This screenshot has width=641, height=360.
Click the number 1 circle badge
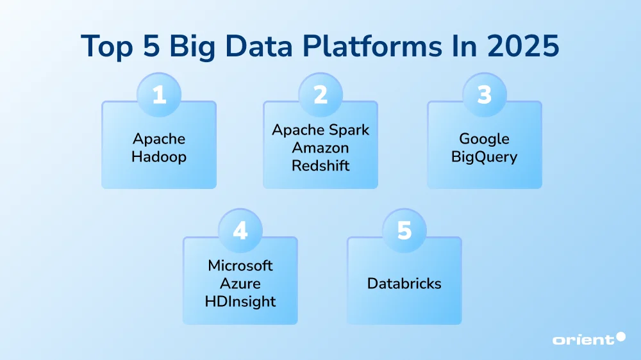159,95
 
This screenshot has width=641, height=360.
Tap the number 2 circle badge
320,95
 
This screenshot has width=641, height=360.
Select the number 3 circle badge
485,95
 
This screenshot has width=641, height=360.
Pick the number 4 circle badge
240,231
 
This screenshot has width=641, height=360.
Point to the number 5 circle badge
404,231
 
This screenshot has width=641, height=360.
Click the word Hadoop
159,157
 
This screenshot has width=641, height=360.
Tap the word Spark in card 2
349,130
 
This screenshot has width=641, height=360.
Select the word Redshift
320,165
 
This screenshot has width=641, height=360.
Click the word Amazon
320,147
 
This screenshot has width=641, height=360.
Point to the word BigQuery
485,157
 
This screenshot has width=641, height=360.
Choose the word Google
485,140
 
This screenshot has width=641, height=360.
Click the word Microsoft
240,266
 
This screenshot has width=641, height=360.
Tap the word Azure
240,284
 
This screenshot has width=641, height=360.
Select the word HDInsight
240,302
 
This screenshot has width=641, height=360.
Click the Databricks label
404,284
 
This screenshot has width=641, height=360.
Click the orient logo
588,339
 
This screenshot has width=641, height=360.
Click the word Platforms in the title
372,45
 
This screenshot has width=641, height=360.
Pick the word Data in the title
259,45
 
